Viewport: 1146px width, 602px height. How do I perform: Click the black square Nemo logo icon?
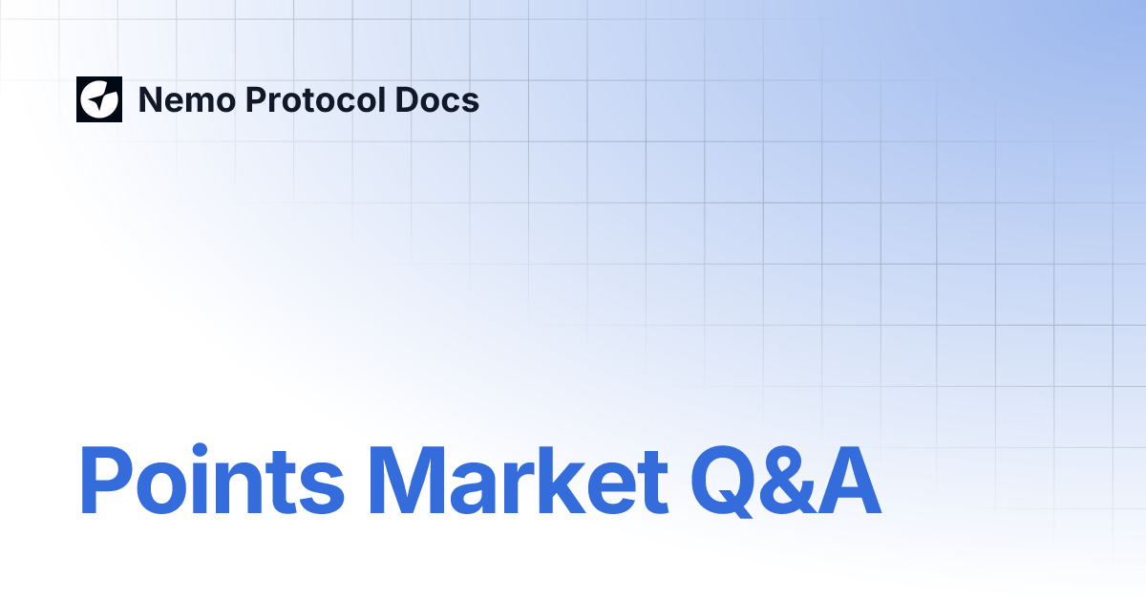coord(99,99)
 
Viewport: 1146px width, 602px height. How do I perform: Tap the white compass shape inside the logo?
coord(99,99)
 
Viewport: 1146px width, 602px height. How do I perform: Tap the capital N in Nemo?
coord(151,99)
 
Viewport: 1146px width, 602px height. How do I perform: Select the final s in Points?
coord(320,487)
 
